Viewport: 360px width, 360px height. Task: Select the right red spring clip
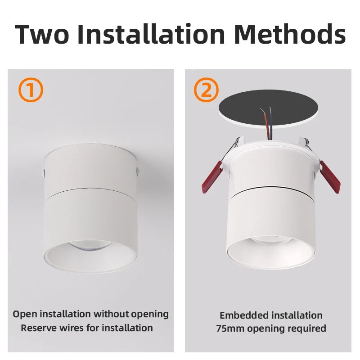[331, 177]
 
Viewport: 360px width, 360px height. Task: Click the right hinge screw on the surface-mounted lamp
[137, 171]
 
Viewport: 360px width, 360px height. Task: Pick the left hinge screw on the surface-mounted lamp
[44, 172]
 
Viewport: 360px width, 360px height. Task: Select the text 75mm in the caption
[230, 328]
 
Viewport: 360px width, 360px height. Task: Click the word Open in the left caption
[24, 314]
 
